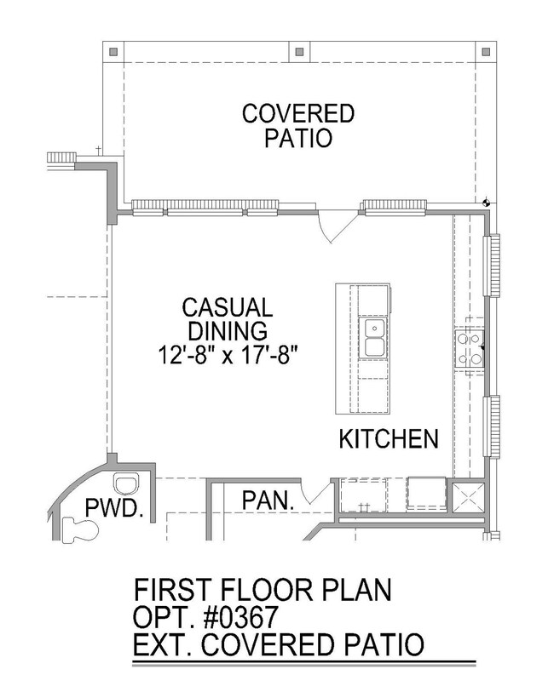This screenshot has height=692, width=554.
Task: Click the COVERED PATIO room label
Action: (x=298, y=126)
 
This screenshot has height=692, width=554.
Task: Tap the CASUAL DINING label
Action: (x=228, y=318)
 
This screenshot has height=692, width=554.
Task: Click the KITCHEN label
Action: (x=389, y=438)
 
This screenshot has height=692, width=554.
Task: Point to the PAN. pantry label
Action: (x=268, y=500)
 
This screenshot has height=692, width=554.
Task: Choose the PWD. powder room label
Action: (x=114, y=507)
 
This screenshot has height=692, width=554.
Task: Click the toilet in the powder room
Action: (x=80, y=529)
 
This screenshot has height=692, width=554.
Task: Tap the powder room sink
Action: (x=127, y=484)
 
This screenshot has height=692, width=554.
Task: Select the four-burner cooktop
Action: (x=470, y=349)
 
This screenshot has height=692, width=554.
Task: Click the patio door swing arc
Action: (x=325, y=230)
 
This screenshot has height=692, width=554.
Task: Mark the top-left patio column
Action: (x=113, y=52)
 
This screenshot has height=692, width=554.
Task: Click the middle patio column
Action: (x=299, y=52)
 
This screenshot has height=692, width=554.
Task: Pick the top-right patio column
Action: (x=486, y=52)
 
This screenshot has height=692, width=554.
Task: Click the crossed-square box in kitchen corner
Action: (x=466, y=497)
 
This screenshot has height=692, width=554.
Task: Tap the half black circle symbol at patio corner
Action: (x=486, y=203)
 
